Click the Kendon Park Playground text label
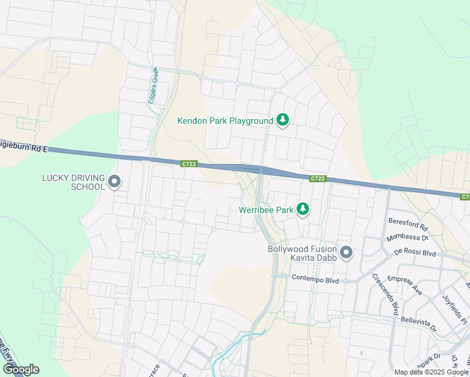[224, 120]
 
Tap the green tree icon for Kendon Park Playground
[283, 119]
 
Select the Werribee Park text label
[267, 209]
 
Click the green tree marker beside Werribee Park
[303, 209]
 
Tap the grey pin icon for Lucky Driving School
[114, 182]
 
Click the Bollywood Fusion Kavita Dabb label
[302, 254]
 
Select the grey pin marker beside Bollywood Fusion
[346, 253]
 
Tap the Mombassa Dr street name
[408, 236]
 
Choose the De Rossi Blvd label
[415, 251]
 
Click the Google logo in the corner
[20, 369]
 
